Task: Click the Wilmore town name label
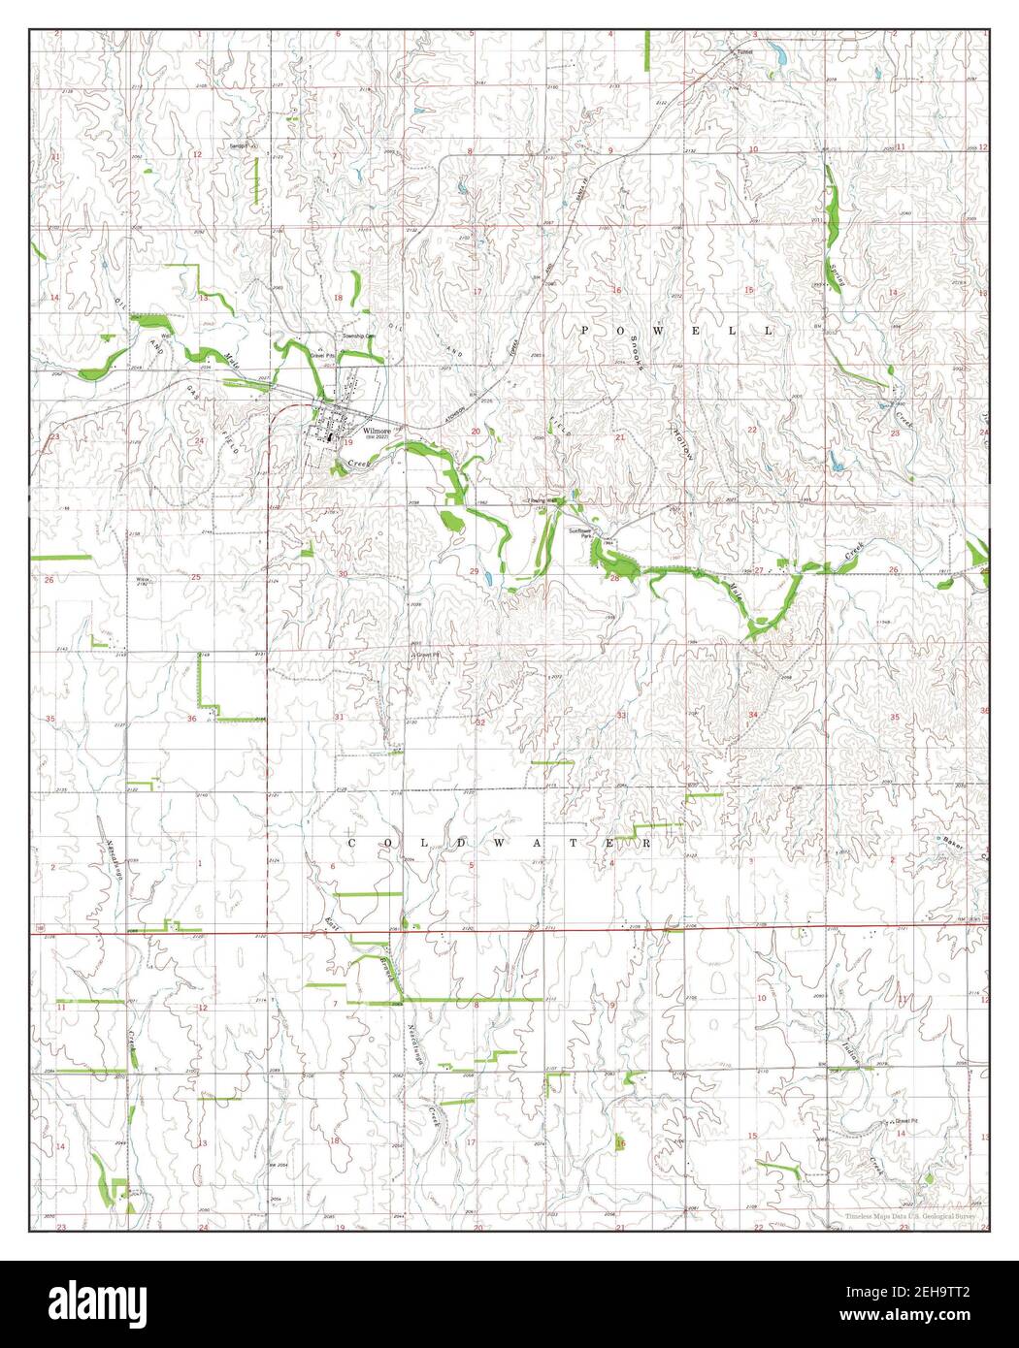pyautogui.click(x=378, y=430)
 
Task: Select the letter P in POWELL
pyautogui.click(x=584, y=331)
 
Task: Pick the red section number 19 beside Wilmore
pyautogui.click(x=346, y=441)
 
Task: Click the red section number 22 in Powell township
pyautogui.click(x=752, y=429)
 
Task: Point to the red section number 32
pyautogui.click(x=479, y=722)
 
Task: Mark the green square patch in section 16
pyautogui.click(x=620, y=1144)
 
